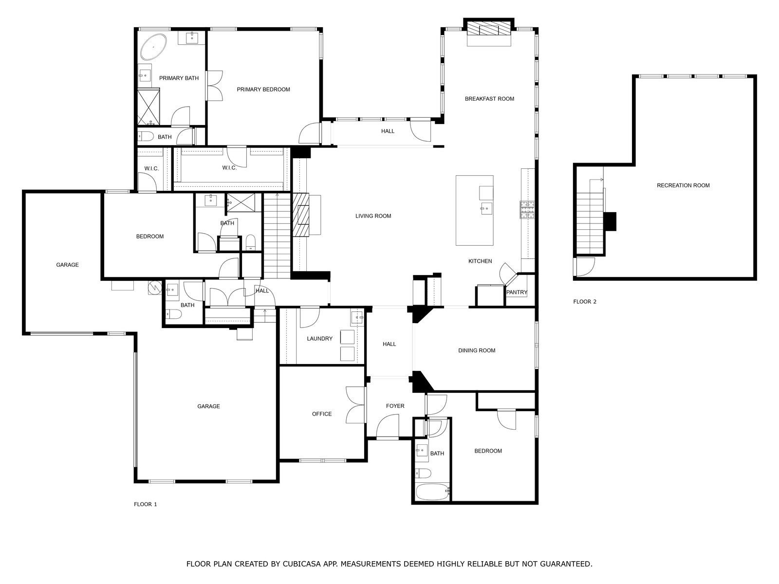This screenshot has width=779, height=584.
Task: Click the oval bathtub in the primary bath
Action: pyautogui.click(x=153, y=47)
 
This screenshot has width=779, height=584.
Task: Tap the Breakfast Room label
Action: pyautogui.click(x=489, y=99)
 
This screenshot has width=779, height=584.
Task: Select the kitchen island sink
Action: pyautogui.click(x=486, y=208)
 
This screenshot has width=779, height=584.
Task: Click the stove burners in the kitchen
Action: pyautogui.click(x=527, y=210)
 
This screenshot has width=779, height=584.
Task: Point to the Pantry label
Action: pyautogui.click(x=517, y=292)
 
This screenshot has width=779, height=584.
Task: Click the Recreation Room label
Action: pyautogui.click(x=683, y=185)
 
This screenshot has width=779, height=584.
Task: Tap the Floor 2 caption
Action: pyautogui.click(x=585, y=302)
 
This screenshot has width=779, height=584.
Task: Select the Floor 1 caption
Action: pyautogui.click(x=145, y=504)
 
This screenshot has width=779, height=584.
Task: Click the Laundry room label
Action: pyautogui.click(x=320, y=339)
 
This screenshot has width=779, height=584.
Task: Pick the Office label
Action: pyautogui.click(x=322, y=414)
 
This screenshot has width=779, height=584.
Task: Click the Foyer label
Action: pyautogui.click(x=395, y=406)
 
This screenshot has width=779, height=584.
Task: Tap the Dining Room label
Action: pyautogui.click(x=477, y=350)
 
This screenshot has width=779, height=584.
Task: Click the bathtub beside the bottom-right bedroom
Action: pyautogui.click(x=433, y=492)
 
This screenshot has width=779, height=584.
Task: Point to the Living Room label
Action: pyautogui.click(x=373, y=216)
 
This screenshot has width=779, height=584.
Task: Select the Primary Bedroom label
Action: pyautogui.click(x=263, y=90)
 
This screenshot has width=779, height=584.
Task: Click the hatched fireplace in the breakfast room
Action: pyautogui.click(x=489, y=28)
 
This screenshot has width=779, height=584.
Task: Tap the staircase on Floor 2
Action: pyautogui.click(x=590, y=221)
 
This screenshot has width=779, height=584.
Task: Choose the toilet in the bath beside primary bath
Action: pyautogui.click(x=146, y=136)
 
